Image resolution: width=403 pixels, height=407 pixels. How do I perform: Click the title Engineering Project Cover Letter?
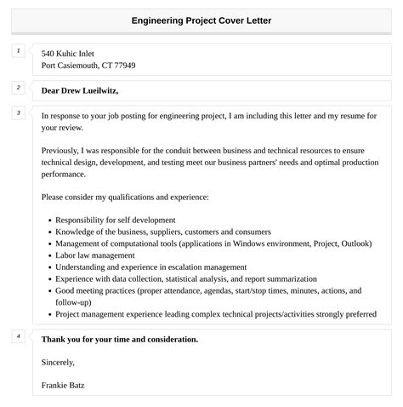point(201,20)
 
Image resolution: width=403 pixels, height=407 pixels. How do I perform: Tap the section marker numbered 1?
point(18,51)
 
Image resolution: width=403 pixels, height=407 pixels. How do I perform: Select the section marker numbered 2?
point(18,88)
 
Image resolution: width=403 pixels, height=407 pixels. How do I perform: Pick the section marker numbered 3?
point(18,112)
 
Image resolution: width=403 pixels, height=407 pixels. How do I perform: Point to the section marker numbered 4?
point(18,336)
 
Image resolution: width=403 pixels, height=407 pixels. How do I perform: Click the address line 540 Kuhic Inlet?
point(74,53)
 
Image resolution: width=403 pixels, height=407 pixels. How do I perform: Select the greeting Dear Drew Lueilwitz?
point(80,90)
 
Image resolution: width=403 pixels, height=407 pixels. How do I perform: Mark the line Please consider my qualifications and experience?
point(125,197)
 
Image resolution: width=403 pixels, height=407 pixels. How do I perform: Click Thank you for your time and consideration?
point(119,339)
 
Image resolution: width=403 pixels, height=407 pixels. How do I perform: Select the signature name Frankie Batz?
point(63,385)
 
